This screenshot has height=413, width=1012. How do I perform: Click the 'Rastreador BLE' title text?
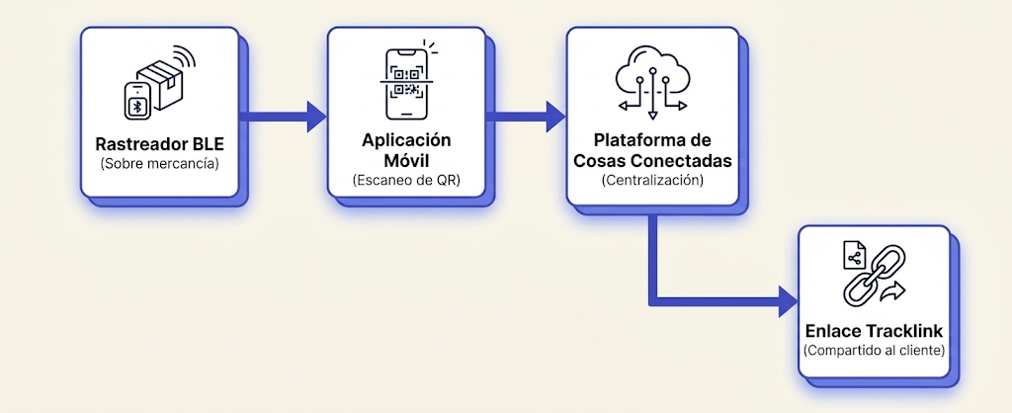159,143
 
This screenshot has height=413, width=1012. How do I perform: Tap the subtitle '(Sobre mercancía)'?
159,164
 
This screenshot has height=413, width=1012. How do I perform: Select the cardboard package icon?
161,88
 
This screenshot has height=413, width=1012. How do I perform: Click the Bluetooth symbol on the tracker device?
137,106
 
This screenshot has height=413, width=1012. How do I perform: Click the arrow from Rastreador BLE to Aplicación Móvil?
283,117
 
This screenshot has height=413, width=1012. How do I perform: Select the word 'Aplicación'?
406,140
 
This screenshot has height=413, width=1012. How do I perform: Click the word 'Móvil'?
406,159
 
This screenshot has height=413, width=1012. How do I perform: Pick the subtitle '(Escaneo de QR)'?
406,180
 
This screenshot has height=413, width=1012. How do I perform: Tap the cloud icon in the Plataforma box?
652,82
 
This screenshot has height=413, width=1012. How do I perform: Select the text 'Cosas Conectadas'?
652,161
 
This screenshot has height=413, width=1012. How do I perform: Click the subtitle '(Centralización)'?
652,181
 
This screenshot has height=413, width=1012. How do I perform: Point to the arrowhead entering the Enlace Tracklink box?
789,301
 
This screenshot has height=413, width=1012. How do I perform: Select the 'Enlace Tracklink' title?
875,331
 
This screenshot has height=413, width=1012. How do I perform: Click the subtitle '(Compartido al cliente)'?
875,351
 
